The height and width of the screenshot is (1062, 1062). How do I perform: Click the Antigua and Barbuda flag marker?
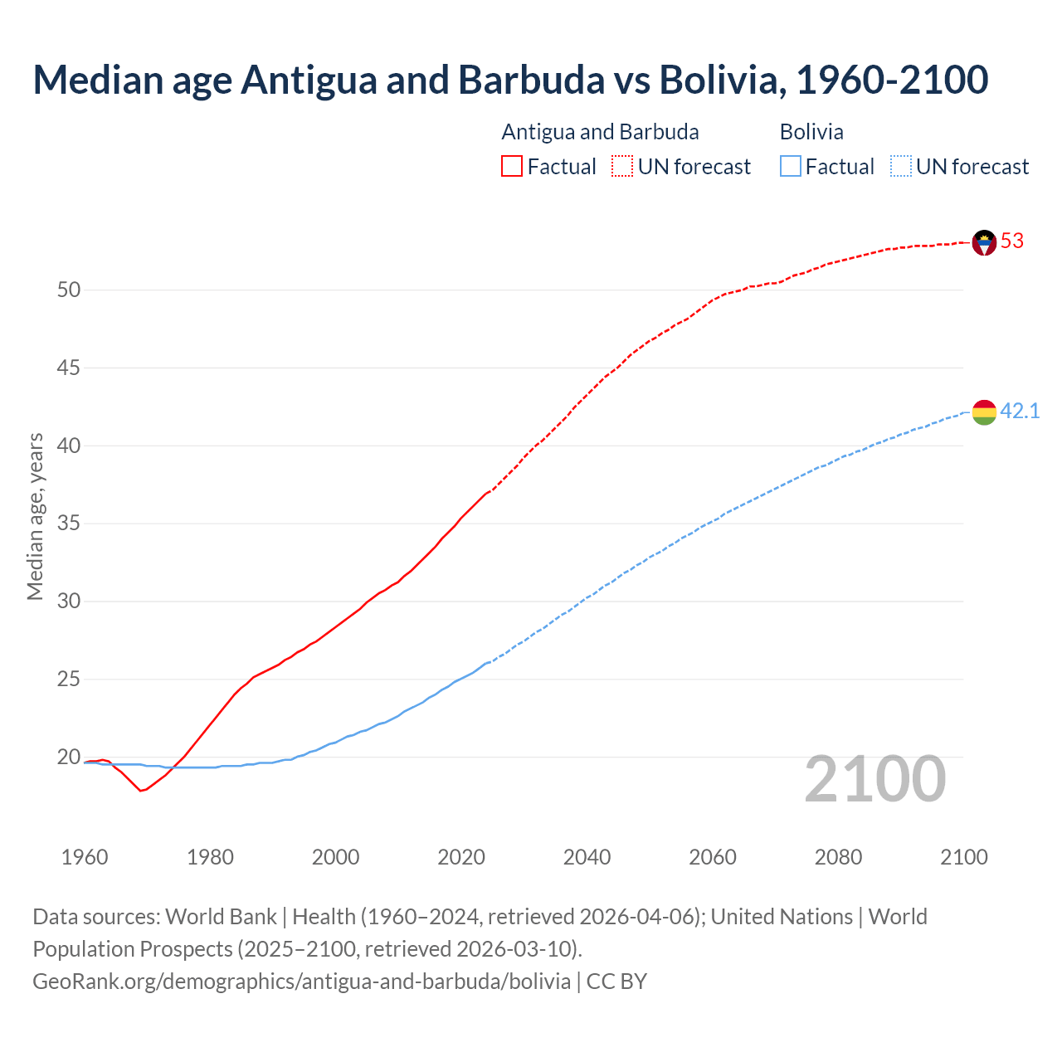click(x=984, y=242)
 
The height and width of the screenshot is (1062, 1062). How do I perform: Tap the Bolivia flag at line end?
click(x=984, y=412)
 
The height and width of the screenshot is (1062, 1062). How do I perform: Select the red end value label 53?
click(x=1012, y=241)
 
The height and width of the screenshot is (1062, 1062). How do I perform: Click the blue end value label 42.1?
click(x=1020, y=412)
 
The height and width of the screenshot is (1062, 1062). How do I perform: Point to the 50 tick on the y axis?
click(x=69, y=290)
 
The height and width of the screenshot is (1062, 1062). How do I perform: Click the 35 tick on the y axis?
click(x=69, y=524)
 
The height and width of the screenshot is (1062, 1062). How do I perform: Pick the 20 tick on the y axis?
click(x=69, y=758)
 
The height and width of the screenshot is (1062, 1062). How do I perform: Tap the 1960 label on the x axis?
click(x=85, y=857)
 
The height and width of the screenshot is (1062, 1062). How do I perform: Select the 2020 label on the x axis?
click(x=461, y=857)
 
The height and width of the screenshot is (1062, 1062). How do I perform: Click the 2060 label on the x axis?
click(x=713, y=857)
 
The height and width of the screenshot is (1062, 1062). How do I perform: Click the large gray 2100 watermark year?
click(x=874, y=779)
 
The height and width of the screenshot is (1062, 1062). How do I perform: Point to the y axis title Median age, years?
click(x=35, y=516)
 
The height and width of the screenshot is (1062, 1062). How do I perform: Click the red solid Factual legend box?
click(x=512, y=167)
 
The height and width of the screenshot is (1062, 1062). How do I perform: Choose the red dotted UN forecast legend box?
click(x=622, y=167)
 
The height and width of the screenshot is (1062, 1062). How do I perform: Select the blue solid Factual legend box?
click(x=791, y=167)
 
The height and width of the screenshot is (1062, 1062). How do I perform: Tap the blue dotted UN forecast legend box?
click(x=900, y=167)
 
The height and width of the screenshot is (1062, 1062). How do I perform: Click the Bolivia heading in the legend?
click(x=811, y=132)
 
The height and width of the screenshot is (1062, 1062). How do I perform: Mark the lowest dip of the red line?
click(x=141, y=791)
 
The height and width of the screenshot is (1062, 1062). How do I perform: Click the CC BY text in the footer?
click(x=616, y=982)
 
